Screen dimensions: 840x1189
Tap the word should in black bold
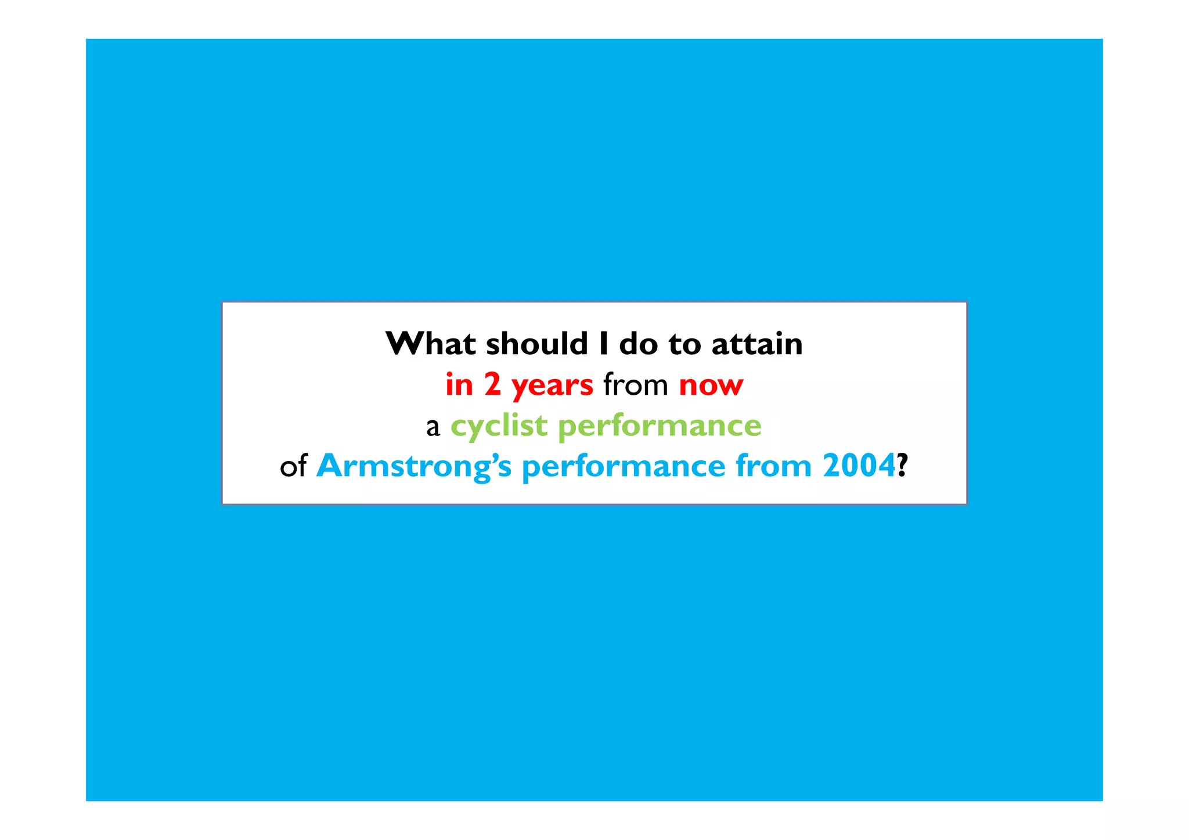pyautogui.click(x=537, y=344)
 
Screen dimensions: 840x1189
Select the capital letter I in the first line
pyautogui.click(x=604, y=344)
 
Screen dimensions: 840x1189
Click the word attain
pyautogui.click(x=757, y=344)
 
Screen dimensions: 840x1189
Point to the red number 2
pyautogui.click(x=492, y=385)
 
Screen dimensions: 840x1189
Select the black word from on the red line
pyautogui.click(x=636, y=385)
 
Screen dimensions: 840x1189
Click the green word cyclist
pyautogui.click(x=499, y=427)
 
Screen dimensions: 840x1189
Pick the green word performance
pyautogui.click(x=660, y=427)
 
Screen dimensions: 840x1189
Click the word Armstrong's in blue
pyautogui.click(x=414, y=467)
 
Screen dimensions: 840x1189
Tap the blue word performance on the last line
pyautogui.click(x=624, y=467)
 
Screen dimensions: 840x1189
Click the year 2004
pyautogui.click(x=859, y=466)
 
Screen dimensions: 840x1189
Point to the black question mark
pyautogui.click(x=902, y=466)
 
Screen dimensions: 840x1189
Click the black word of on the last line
pyautogui.click(x=293, y=467)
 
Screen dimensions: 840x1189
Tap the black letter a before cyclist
pyautogui.click(x=433, y=428)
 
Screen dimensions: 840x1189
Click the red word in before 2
pyautogui.click(x=459, y=385)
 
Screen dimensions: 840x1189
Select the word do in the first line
pyautogui.click(x=638, y=344)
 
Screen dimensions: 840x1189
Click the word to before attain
pyautogui.click(x=685, y=345)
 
